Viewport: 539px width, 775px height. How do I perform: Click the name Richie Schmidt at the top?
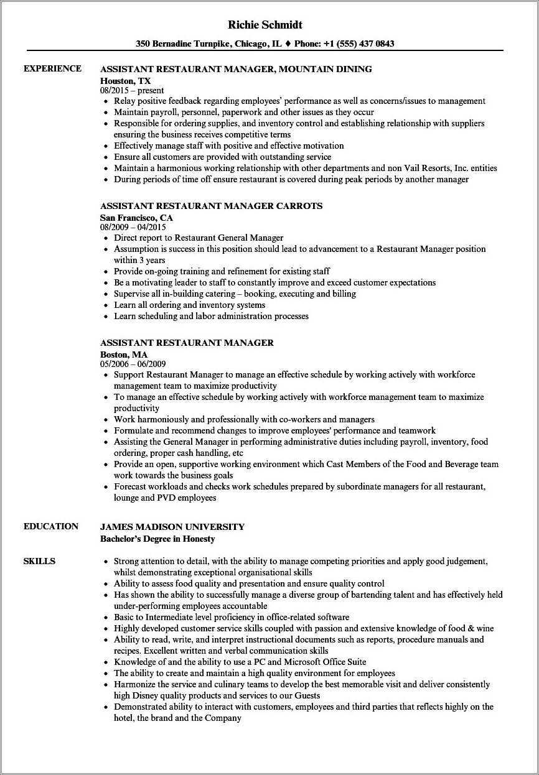tap(269, 25)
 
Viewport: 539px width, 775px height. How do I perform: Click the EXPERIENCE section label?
tap(52, 68)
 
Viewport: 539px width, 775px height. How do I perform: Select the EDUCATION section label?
tap(51, 526)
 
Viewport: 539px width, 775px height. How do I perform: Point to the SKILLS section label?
tap(39, 561)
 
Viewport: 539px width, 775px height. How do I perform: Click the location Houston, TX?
tap(125, 81)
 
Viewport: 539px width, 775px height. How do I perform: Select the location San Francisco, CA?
tap(136, 218)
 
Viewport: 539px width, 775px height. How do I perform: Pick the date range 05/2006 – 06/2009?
tap(133, 364)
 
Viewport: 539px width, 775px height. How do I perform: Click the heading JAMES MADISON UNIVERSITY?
tap(172, 527)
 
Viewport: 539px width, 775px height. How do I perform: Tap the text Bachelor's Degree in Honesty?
tap(157, 539)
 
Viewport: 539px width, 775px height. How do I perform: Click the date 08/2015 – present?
tap(132, 91)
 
